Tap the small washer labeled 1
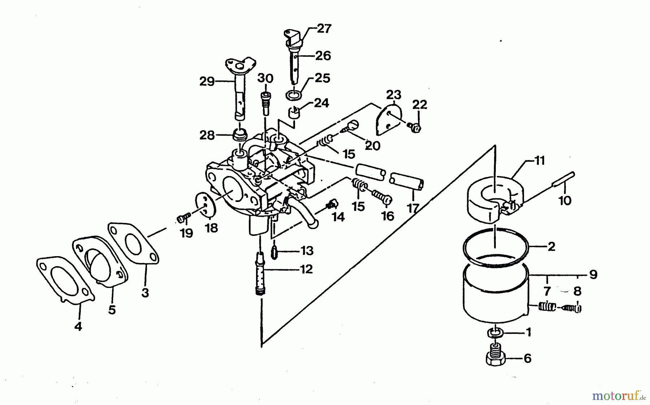point(495,332)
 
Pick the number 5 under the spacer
point(112,310)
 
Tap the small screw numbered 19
point(183,218)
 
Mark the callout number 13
point(307,250)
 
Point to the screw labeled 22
point(415,127)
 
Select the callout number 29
point(207,82)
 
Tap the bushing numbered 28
point(240,136)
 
